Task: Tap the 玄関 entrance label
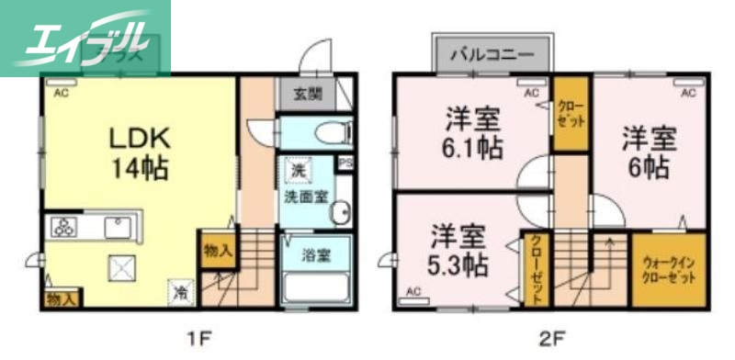point(308,93)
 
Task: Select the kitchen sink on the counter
point(119,228)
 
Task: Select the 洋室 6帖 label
point(649,153)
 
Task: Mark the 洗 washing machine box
point(298,170)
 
